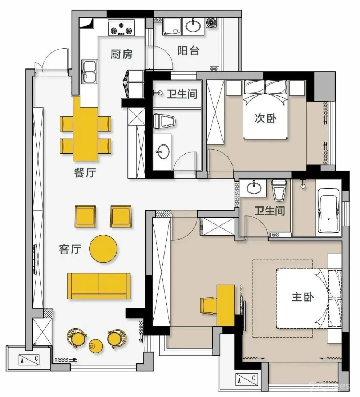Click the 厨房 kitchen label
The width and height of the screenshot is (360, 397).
(x=121, y=54)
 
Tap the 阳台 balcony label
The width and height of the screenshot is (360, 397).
(x=188, y=51)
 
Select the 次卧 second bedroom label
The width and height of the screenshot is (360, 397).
(x=266, y=118)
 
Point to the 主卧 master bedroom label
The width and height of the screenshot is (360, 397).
(x=303, y=297)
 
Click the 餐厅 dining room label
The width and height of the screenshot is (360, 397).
(x=85, y=173)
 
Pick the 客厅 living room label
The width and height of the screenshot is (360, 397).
(x=70, y=249)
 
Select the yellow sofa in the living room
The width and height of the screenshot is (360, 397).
(x=99, y=286)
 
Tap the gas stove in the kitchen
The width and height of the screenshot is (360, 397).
(x=121, y=28)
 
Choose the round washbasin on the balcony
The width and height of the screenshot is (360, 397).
(x=193, y=26)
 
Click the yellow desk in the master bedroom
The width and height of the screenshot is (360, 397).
(x=226, y=305)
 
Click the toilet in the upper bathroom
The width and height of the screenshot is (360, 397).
(x=165, y=121)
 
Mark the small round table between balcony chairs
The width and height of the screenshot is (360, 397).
(x=96, y=346)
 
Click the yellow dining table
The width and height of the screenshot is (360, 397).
(x=85, y=129)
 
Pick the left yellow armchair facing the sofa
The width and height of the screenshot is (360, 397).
(x=85, y=216)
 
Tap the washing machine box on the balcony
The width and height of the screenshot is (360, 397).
(x=172, y=26)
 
